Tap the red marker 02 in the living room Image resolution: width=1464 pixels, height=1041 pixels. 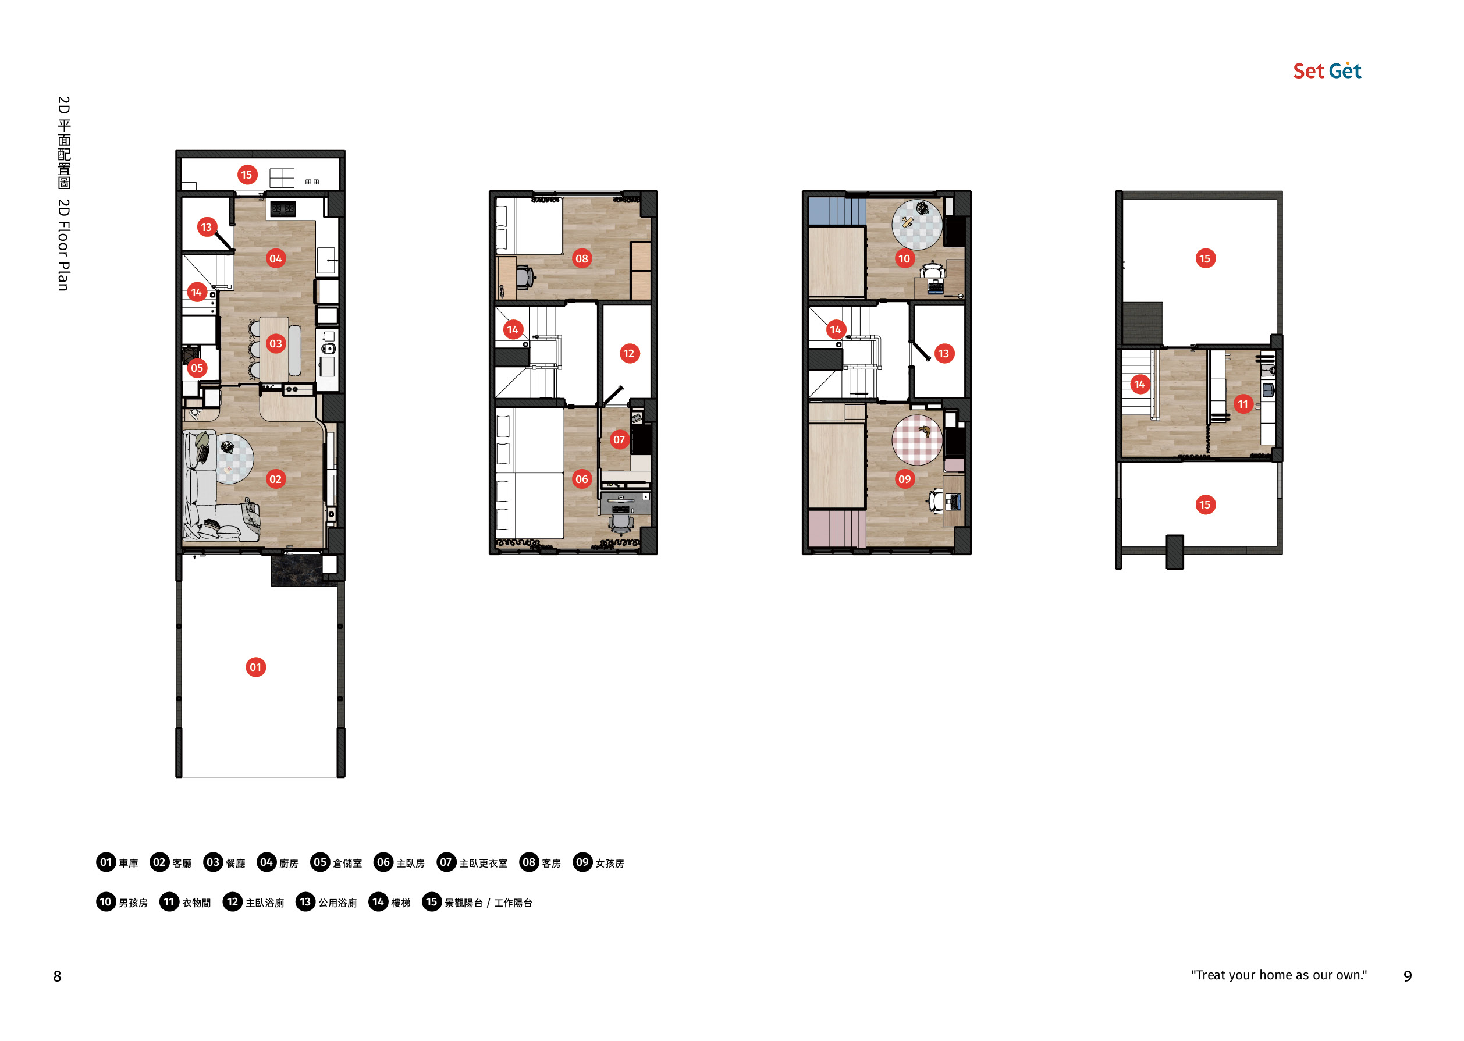coord(276,479)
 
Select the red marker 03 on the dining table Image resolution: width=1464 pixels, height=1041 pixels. coord(276,343)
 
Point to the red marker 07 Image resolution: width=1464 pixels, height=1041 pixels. coord(619,440)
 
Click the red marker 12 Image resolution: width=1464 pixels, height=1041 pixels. coord(629,353)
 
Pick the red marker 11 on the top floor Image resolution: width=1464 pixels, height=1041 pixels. coord(1243,404)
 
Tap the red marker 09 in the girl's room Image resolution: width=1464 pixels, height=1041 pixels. coord(904,479)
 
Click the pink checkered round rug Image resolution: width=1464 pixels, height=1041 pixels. coord(917,440)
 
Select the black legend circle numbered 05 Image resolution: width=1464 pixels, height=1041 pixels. coord(320,862)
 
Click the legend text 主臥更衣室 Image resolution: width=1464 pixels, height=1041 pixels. coord(484,864)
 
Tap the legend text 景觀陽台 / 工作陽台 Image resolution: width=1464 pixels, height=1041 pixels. coord(488,903)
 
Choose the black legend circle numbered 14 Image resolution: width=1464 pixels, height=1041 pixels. coord(378,902)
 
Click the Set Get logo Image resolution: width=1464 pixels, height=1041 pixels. coord(1327,70)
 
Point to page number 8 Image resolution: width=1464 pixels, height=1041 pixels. coord(57,976)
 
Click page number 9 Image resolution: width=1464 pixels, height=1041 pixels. coord(1408,976)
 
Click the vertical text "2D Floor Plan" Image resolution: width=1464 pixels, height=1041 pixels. coord(63,245)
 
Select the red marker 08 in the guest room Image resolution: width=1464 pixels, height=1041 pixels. coord(581,258)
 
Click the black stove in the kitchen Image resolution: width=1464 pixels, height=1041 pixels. coord(283,209)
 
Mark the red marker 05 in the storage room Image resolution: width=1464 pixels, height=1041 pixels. coord(197,368)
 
